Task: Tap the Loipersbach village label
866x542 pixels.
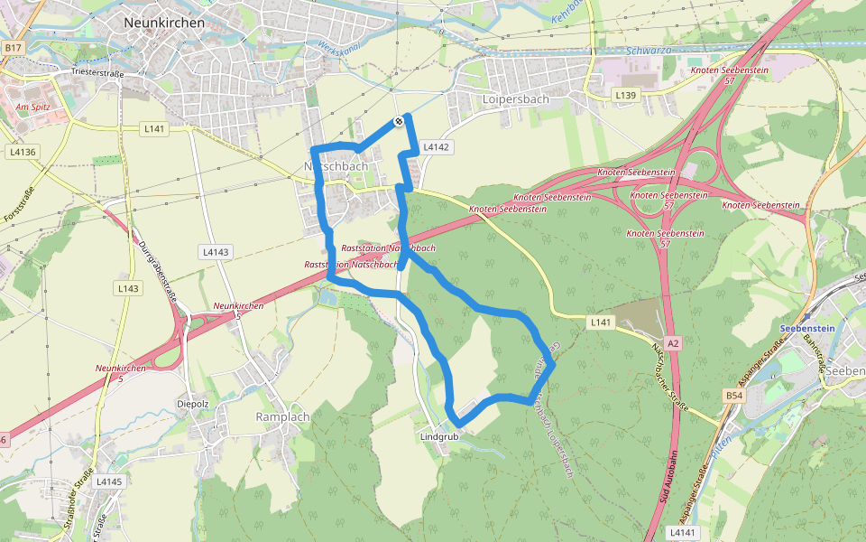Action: [515, 99]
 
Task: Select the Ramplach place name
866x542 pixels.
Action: [282, 416]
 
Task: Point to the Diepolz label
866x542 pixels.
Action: [194, 404]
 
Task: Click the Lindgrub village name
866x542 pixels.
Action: [439, 436]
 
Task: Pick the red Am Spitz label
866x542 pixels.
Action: [32, 107]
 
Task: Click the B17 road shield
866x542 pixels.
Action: [13, 47]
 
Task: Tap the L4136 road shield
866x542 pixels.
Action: [23, 152]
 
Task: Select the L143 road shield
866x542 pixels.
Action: [128, 288]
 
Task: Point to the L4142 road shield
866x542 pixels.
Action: [436, 146]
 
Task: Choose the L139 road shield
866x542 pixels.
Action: [625, 94]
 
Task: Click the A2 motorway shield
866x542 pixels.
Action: [675, 342]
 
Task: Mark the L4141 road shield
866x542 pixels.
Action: [685, 533]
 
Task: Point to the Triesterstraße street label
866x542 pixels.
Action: [97, 71]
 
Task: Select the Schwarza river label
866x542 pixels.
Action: [649, 51]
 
